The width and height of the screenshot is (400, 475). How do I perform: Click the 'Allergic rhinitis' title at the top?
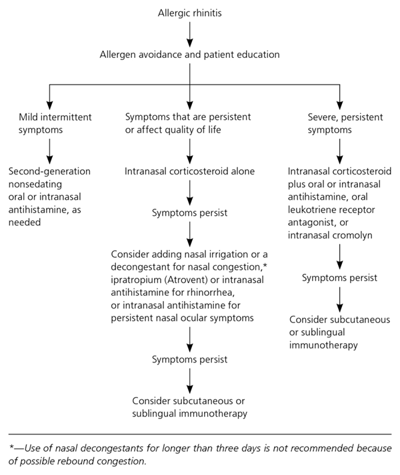click(190, 13)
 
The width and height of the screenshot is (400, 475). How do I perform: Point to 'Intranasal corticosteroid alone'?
click(190, 171)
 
